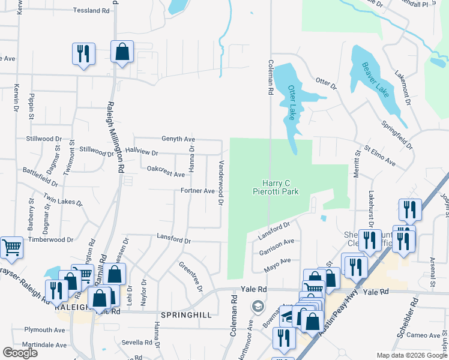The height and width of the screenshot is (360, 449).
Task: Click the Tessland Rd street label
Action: click(92, 10)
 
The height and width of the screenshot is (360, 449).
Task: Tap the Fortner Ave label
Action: click(197, 191)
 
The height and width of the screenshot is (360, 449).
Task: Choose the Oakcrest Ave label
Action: click(166, 172)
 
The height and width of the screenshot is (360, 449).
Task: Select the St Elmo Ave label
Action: click(380, 155)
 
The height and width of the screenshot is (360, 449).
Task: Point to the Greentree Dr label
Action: click(191, 276)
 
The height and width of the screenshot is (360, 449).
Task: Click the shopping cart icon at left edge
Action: click(12, 247)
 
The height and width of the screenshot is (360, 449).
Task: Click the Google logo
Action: click(20, 353)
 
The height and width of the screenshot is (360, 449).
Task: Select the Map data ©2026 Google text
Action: click(412, 355)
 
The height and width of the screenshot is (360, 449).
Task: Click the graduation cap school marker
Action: click(258, 305)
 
